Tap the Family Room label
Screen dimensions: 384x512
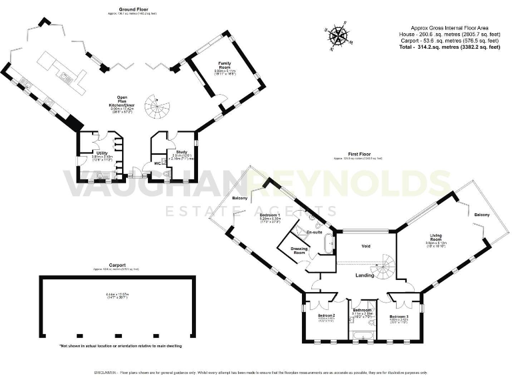click(x=224, y=65)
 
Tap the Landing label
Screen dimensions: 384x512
click(x=365, y=275)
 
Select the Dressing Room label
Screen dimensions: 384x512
click(x=299, y=251)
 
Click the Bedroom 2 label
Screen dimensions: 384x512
click(x=325, y=315)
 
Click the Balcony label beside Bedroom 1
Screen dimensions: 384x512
click(x=240, y=199)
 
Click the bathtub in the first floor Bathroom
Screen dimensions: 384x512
click(x=363, y=339)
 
